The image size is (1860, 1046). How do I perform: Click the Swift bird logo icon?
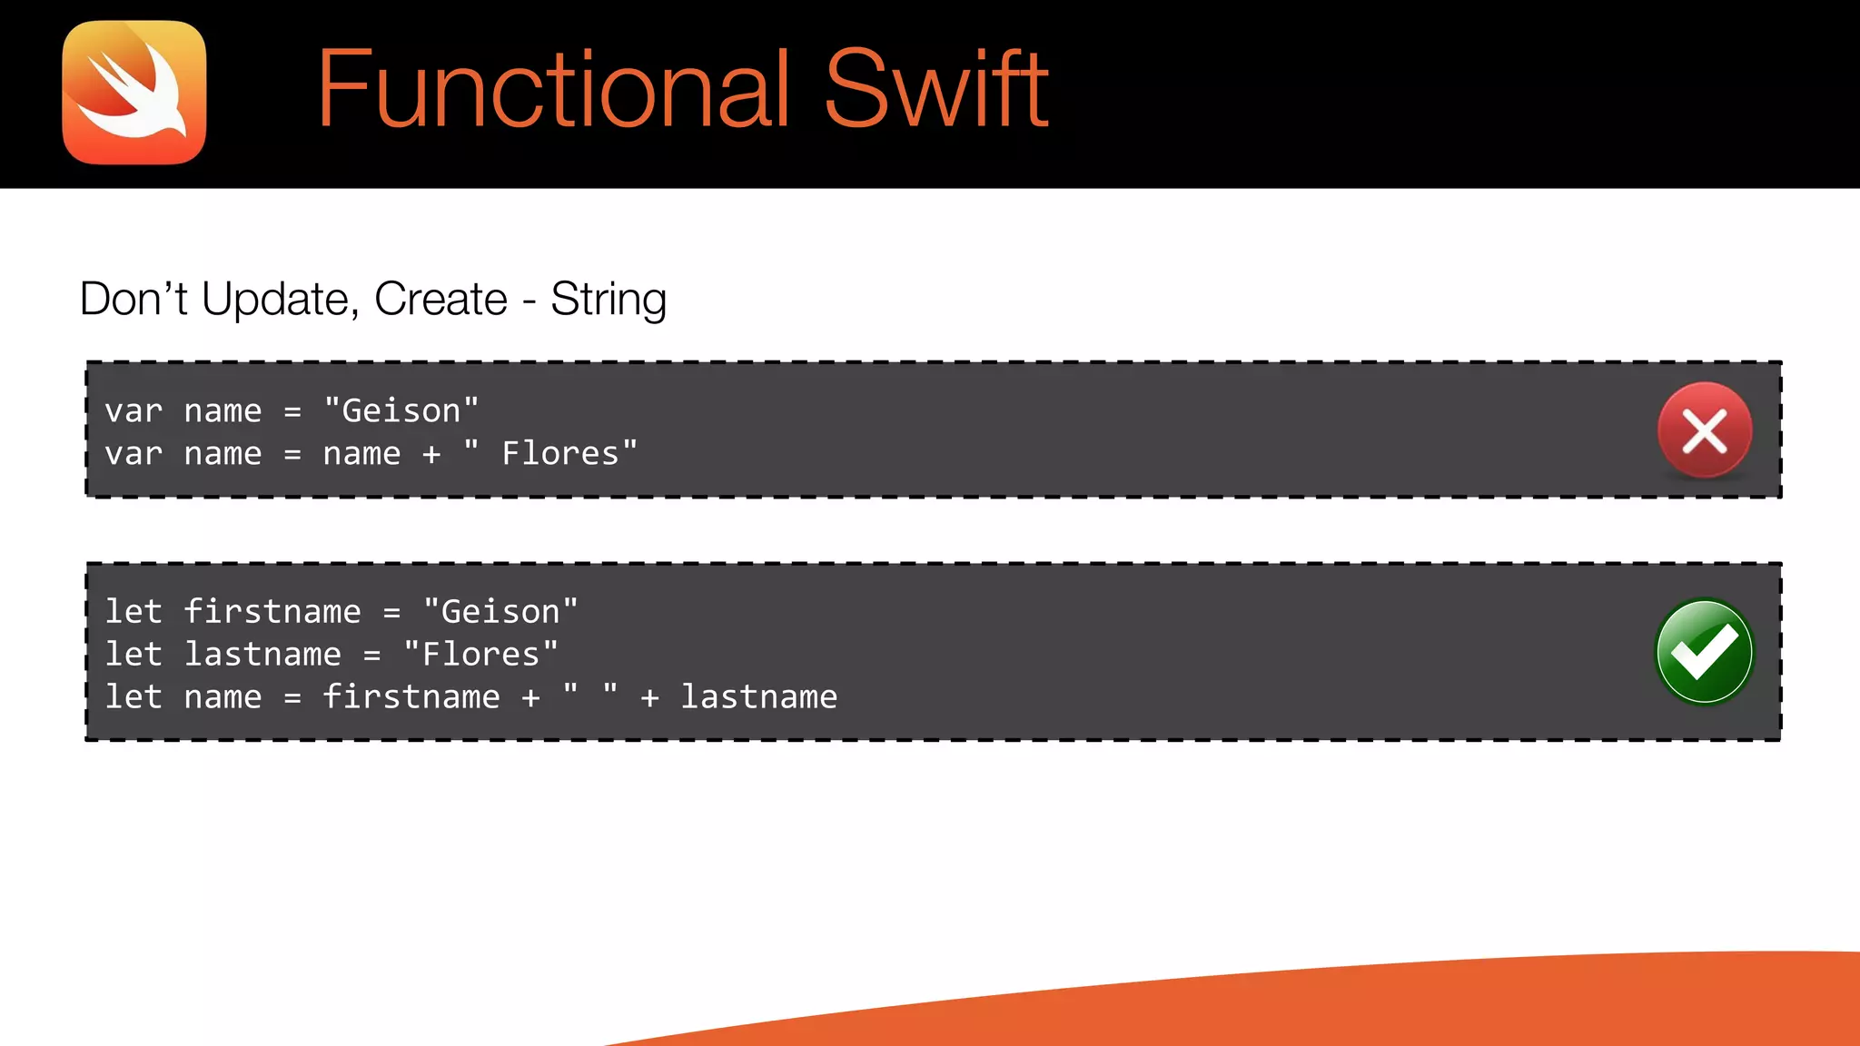[x=134, y=93]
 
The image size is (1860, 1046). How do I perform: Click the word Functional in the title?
[x=553, y=89]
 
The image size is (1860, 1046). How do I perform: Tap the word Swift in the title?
[x=936, y=89]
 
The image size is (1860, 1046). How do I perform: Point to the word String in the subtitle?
[x=608, y=300]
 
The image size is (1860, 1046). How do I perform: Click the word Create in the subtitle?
[x=440, y=299]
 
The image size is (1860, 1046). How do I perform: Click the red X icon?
[x=1704, y=430]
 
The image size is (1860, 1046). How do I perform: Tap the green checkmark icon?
[x=1704, y=651]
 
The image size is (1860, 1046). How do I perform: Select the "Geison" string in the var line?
[x=401, y=410]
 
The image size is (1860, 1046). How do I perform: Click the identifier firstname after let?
[x=272, y=611]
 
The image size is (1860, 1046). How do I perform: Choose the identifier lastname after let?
[x=262, y=654]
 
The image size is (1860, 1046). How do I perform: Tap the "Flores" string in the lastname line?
[x=481, y=654]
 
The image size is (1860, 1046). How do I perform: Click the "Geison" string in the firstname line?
[x=500, y=611]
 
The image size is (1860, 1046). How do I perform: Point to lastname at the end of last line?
[x=759, y=696]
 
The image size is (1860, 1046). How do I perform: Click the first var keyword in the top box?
[x=134, y=411]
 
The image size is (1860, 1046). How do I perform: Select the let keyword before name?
[x=134, y=696]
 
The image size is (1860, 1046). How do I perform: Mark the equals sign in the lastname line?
[x=371, y=655]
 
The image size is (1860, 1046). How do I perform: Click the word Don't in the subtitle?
[x=134, y=299]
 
